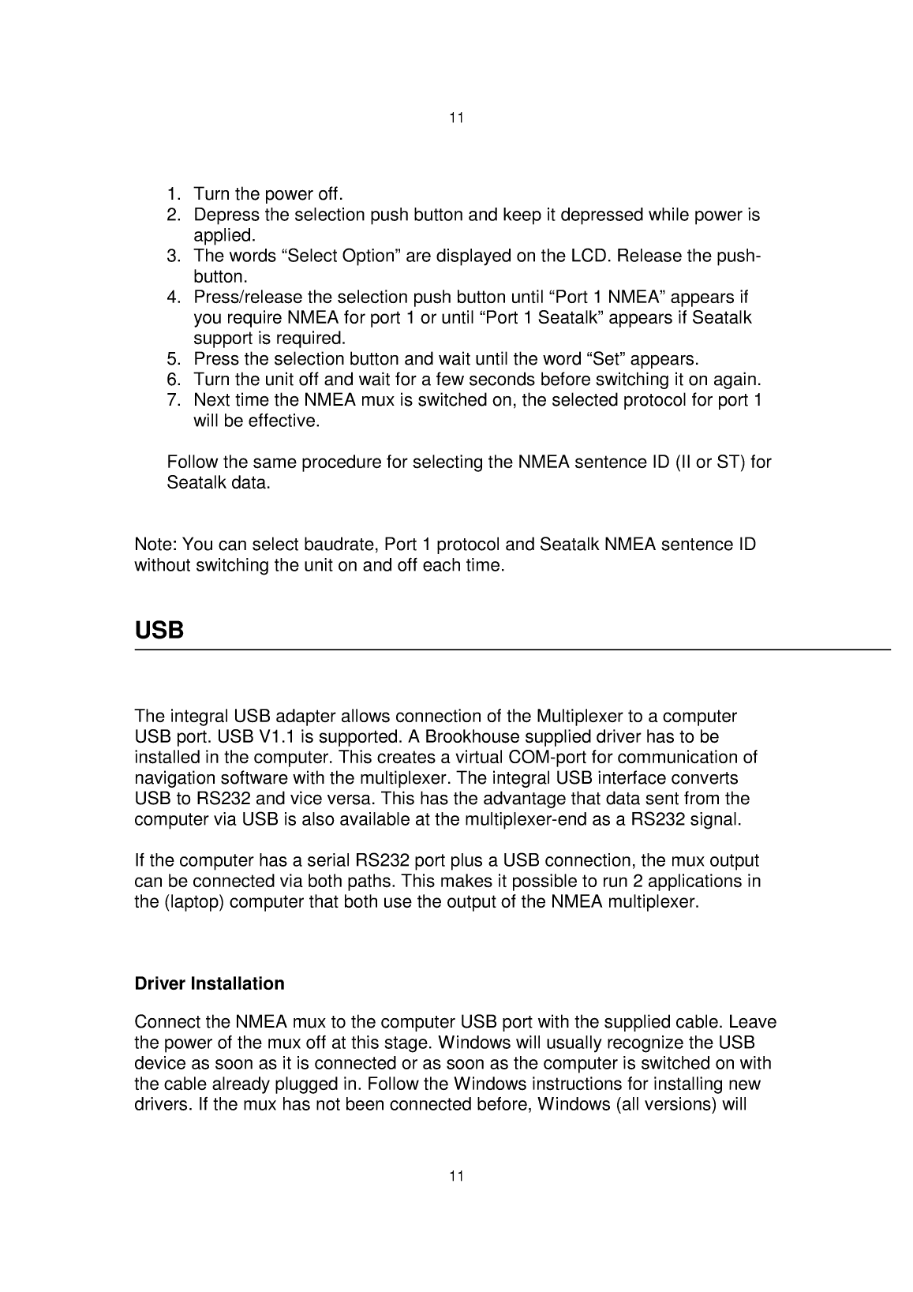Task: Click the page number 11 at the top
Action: pyautogui.click(x=456, y=118)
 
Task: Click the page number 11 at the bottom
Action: pyautogui.click(x=456, y=1176)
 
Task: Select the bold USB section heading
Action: pyautogui.click(x=159, y=631)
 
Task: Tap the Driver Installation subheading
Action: pyautogui.click(x=209, y=983)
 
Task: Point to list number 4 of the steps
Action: pyautogui.click(x=174, y=298)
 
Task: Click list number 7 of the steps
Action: pyautogui.click(x=174, y=400)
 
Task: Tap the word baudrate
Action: pyautogui.click(x=346, y=545)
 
